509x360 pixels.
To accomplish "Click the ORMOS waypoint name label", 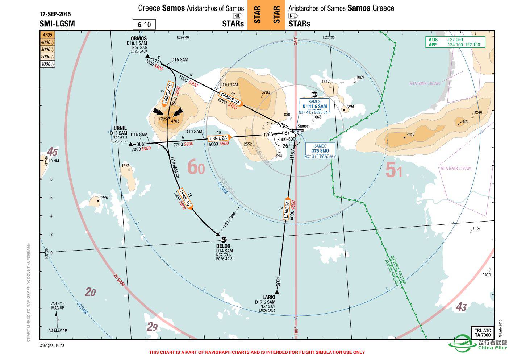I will click(139, 38).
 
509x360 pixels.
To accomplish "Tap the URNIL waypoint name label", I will click(120, 128).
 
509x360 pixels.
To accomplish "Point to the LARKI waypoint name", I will click(269, 297).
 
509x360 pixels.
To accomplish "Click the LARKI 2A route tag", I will click(287, 210).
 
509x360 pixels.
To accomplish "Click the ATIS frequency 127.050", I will click(455, 40).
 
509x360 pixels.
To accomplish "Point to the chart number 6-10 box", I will click(144, 25).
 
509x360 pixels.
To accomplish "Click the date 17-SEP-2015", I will click(55, 15).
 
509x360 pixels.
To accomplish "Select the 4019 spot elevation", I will click(410, 135).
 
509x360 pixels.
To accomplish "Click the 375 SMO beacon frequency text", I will click(320, 151).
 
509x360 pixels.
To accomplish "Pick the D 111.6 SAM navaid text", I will click(314, 107).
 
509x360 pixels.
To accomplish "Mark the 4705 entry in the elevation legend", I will click(47, 35).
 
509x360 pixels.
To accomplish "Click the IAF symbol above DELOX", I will click(224, 240).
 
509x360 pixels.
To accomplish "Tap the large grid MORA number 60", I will click(196, 168).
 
